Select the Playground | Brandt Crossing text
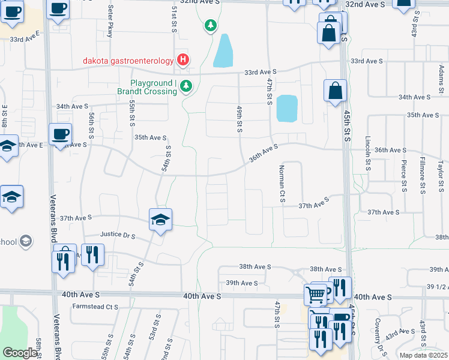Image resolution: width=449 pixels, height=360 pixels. coord(154,87)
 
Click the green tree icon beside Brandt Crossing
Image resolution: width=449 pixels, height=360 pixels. coord(186,87)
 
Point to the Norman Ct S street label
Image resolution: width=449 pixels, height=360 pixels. coord(280,183)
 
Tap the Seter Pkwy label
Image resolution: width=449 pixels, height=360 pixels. coord(110,22)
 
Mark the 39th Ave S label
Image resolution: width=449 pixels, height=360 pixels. coord(241,283)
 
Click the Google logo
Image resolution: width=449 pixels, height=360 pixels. coord(20,353)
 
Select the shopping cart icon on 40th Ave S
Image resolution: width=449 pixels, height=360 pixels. coord(315,294)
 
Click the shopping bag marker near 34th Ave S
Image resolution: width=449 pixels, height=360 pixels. coord(335,91)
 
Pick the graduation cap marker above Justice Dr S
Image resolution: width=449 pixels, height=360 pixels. coord(160,220)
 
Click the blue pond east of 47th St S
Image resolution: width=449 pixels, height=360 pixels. coord(287,109)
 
